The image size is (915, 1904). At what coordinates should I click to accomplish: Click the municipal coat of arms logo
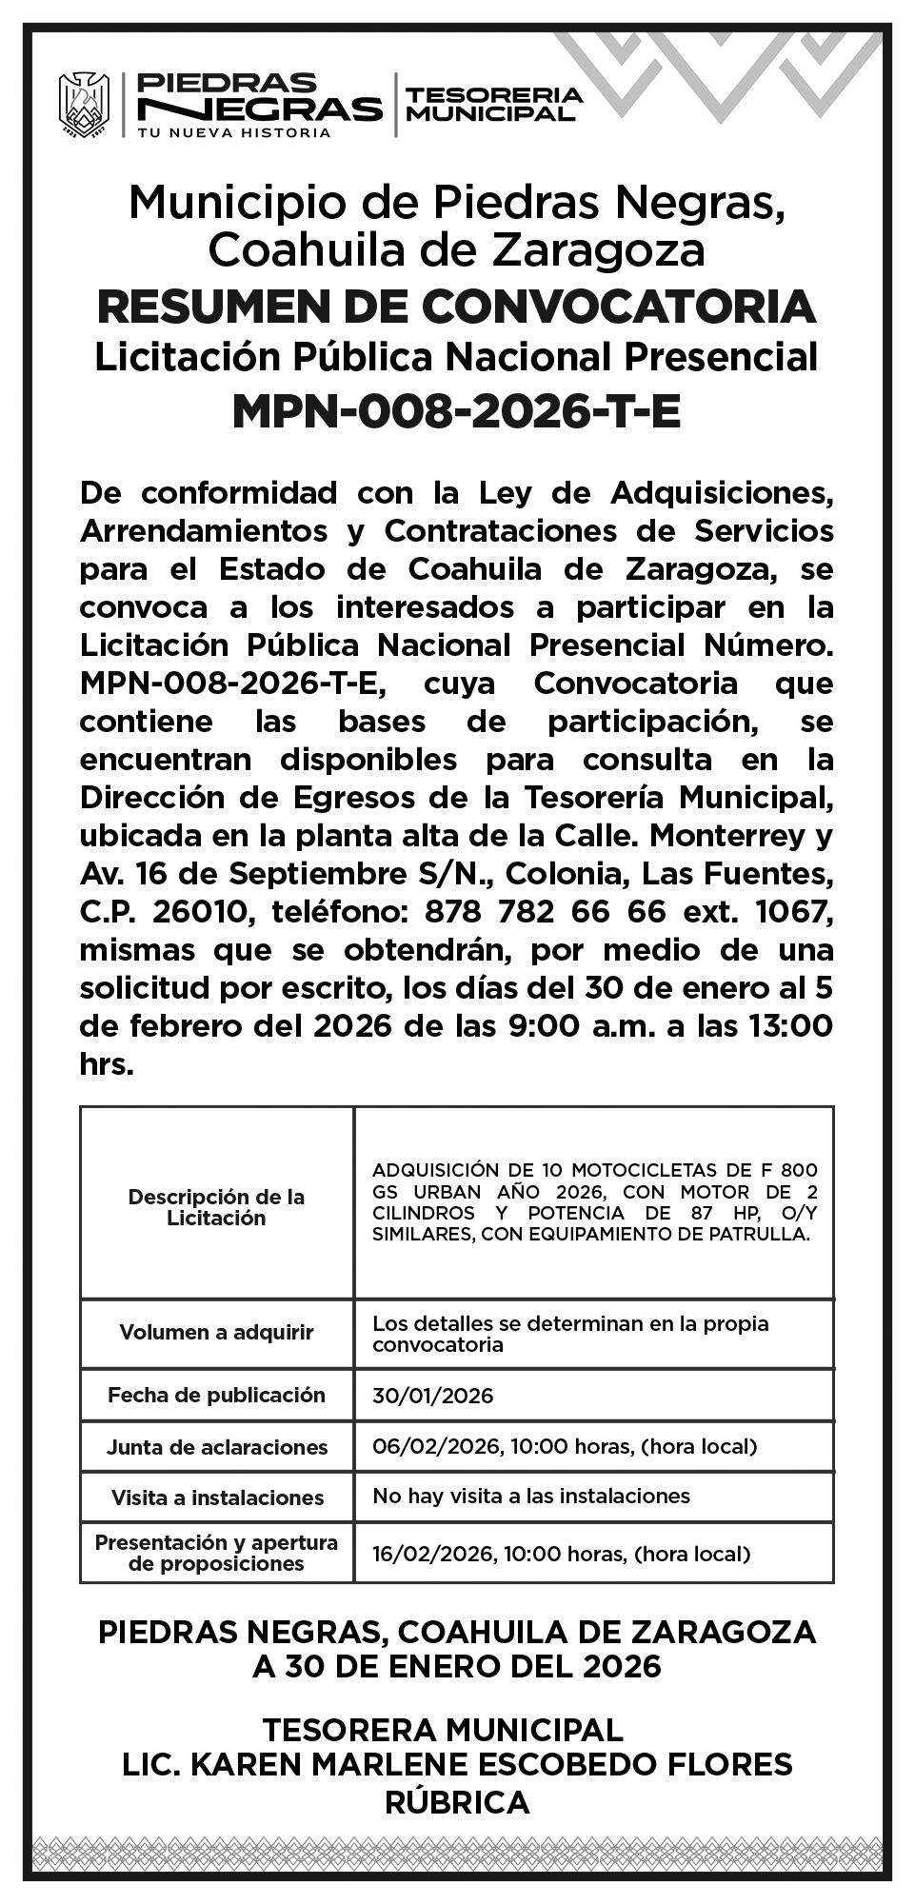84,105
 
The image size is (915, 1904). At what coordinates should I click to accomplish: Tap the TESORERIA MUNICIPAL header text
493,104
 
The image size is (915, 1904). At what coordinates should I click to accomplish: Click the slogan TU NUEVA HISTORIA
234,132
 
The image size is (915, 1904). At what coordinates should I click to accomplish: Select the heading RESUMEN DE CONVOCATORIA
457,307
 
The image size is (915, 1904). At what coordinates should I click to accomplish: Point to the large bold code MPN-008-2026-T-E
457,411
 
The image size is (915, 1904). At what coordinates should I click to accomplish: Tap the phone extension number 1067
793,912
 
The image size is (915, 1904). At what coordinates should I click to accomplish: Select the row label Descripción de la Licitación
216,1207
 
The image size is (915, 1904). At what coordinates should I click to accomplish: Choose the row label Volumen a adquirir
216,1332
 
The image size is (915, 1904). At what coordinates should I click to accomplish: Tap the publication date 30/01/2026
433,1396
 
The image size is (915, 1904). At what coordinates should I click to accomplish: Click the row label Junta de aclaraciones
216,1447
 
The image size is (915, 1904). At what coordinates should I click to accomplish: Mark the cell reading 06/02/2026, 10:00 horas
564,1447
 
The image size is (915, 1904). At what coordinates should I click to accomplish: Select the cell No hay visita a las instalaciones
531,1496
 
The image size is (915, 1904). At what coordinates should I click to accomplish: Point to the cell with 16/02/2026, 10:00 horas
561,1554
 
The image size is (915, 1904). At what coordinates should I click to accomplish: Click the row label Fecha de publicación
216,1396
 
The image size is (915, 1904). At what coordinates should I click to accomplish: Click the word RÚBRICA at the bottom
457,1802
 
